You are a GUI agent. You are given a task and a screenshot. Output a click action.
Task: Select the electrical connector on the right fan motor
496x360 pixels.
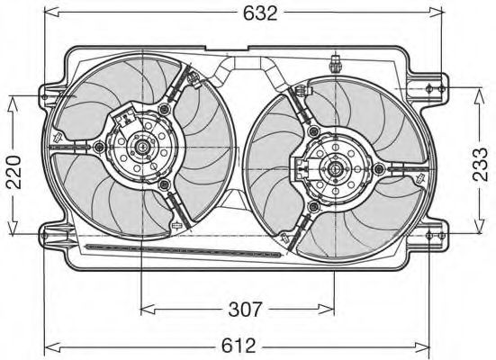click(x=300, y=164)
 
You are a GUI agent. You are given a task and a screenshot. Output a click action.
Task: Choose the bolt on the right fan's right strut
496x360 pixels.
click(x=381, y=168)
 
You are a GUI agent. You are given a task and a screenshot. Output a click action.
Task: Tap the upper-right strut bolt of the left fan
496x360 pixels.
click(x=164, y=108)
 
